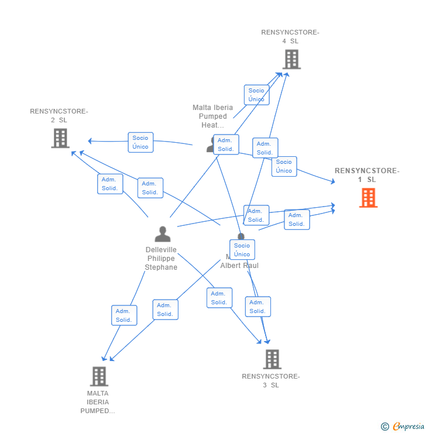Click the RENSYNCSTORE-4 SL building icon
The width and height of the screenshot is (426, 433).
point(291,59)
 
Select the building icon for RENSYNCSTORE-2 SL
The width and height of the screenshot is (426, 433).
point(60,138)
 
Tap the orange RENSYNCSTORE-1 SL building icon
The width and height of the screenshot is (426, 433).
point(368,198)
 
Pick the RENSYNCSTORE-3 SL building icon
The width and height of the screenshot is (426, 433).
point(272,359)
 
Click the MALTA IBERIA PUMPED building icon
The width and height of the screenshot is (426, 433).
point(99,376)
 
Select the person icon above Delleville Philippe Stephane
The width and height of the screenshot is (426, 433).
point(162,234)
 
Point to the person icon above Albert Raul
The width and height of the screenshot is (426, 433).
point(241,237)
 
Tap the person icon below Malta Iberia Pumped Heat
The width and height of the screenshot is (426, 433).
point(211,144)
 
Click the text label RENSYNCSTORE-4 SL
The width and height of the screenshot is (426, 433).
point(290,37)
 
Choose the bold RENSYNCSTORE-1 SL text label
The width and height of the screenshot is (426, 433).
point(367,175)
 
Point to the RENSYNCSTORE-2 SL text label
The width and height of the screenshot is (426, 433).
point(59,115)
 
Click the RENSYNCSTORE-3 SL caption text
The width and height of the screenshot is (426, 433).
point(271,380)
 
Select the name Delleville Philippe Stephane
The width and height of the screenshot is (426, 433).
point(161,259)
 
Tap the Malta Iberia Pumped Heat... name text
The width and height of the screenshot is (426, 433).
point(212,116)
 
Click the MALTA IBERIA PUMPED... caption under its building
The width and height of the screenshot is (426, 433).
point(98,402)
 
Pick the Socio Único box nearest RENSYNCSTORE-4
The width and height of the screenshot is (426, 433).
point(256,95)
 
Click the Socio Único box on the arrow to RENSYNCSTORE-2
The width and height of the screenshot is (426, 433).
point(140,142)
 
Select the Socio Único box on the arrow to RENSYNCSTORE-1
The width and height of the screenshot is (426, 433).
point(284,166)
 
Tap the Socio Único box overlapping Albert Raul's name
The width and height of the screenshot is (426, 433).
point(242,250)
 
